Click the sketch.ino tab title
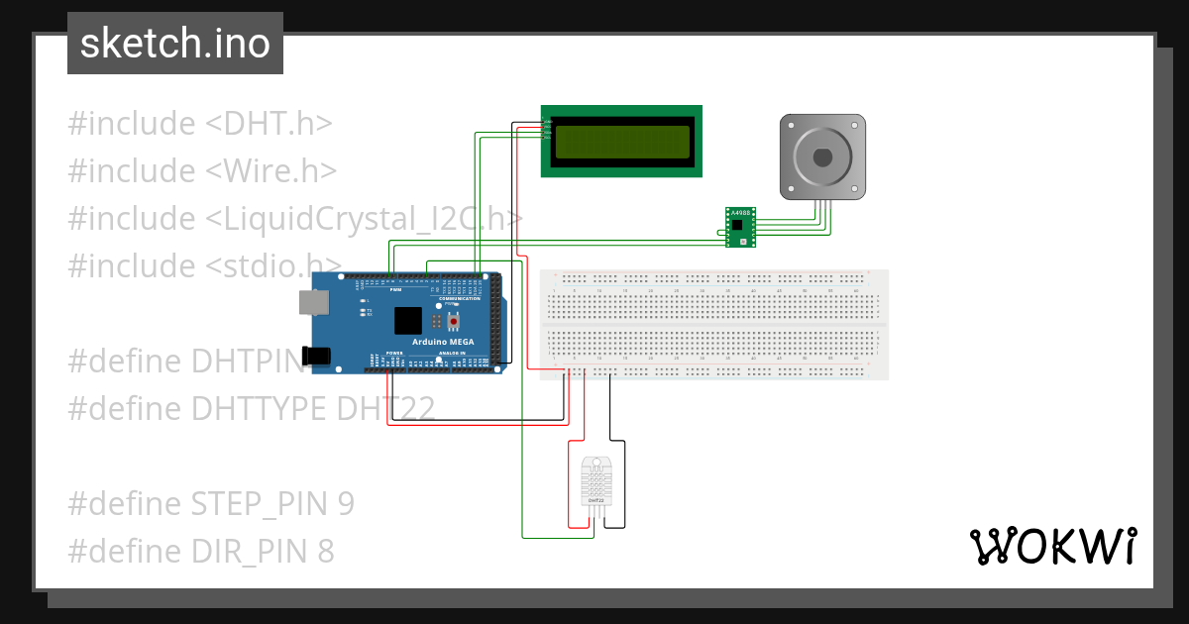point(175,44)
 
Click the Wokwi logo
point(1052,546)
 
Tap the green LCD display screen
point(621,142)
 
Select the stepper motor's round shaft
point(822,156)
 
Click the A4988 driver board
point(739,227)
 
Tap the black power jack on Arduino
point(317,355)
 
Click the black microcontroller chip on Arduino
point(407,320)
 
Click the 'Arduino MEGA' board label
point(443,342)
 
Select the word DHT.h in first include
point(270,124)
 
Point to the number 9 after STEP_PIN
point(345,503)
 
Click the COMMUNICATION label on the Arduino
point(460,298)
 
